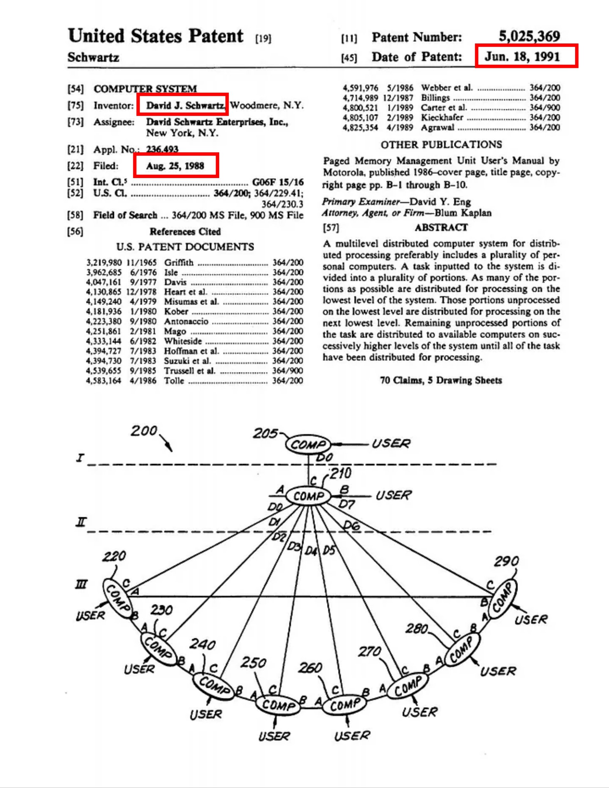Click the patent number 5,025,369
coord(529,36)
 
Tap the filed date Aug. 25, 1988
coord(175,166)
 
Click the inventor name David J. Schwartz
coord(185,105)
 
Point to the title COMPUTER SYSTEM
coord(145,89)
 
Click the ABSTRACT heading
coord(441,227)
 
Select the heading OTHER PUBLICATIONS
coord(441,145)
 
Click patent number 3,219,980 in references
coord(103,263)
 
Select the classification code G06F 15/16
coord(278,182)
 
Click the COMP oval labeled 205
coord(308,445)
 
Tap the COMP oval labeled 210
coord(308,496)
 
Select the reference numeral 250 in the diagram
coord(253,663)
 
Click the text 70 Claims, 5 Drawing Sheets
coord(441,380)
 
